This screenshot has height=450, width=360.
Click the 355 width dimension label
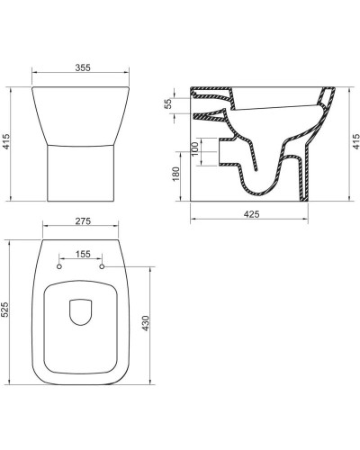(83, 68)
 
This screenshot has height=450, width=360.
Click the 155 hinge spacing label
(83, 256)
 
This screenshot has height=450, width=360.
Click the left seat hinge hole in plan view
(60, 266)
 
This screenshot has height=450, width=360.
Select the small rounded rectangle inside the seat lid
(82, 311)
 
